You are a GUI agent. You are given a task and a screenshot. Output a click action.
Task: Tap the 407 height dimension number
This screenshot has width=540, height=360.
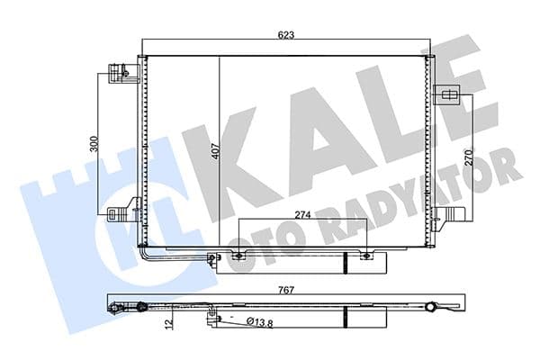click(x=215, y=152)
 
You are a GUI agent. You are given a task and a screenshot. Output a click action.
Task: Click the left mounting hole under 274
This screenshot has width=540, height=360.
click(x=238, y=256)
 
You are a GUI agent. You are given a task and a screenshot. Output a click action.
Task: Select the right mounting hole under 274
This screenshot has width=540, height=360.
click(x=364, y=256)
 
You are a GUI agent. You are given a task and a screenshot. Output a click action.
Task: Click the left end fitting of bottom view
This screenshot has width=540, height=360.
click(x=115, y=310)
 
